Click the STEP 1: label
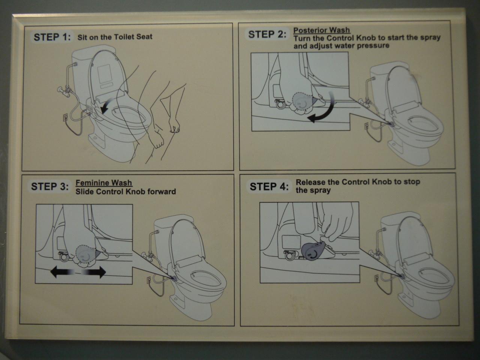point(52,37)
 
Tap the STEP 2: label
point(267,34)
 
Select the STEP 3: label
point(49,187)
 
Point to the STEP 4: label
point(269,187)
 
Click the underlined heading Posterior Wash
point(322,30)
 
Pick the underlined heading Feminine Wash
point(104,183)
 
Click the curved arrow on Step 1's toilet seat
point(107,105)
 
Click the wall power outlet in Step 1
point(65,117)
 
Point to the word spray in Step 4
point(320,190)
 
